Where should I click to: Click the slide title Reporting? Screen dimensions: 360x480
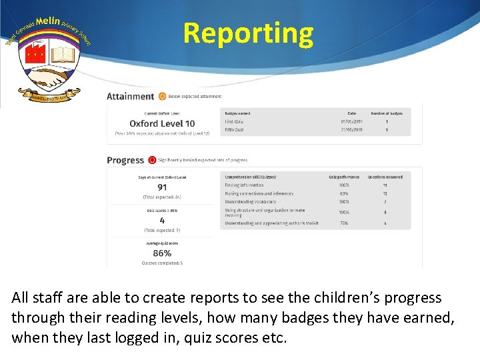[x=248, y=33]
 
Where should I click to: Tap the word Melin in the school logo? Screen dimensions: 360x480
[x=48, y=21]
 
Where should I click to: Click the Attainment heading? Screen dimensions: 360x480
[x=130, y=97]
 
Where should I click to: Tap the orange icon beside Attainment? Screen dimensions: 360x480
[x=162, y=97]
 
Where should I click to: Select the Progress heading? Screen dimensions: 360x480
[x=125, y=160]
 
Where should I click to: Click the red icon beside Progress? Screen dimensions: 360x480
[x=152, y=160]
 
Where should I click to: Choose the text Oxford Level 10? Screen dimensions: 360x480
[x=162, y=123]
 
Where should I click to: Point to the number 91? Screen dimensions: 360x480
[x=162, y=187]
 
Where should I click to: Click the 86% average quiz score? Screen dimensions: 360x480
[x=162, y=253]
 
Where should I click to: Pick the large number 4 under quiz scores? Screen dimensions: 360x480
[x=162, y=220]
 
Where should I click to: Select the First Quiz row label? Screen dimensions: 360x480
[x=234, y=122]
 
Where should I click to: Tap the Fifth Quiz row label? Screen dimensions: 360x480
[x=234, y=130]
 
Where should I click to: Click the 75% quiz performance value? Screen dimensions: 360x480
[x=344, y=223]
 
